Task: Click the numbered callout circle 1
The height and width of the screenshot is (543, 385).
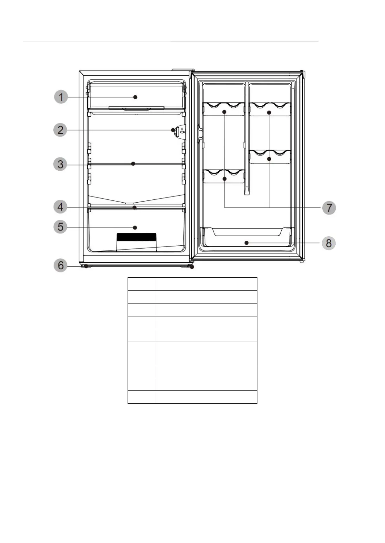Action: pyautogui.click(x=61, y=97)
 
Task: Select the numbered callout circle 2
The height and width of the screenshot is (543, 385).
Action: pyautogui.click(x=60, y=130)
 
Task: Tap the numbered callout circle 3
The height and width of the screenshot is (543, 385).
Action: pyautogui.click(x=60, y=164)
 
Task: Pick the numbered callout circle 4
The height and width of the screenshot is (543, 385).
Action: pyautogui.click(x=60, y=207)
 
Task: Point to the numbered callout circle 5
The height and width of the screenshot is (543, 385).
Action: pyautogui.click(x=60, y=227)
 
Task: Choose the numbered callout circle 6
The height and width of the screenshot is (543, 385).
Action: pyautogui.click(x=60, y=265)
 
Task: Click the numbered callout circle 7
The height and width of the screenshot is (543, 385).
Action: pyautogui.click(x=329, y=208)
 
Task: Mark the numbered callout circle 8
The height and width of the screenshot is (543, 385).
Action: pyautogui.click(x=329, y=243)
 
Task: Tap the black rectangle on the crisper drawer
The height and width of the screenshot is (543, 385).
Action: pyautogui.click(x=136, y=237)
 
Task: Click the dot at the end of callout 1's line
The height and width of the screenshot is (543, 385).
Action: pyautogui.click(x=135, y=97)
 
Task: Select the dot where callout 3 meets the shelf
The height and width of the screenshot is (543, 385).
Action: pyautogui.click(x=133, y=164)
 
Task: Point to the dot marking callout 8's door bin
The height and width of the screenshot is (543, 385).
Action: pyautogui.click(x=246, y=243)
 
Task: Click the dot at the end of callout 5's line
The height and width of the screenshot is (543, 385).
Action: pyautogui.click(x=135, y=228)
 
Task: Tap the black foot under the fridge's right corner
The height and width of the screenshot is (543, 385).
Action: pyautogui.click(x=192, y=267)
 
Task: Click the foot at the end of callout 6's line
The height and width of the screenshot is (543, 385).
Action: pyautogui.click(x=86, y=266)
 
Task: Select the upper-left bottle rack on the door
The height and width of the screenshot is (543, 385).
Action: pyautogui.click(x=224, y=109)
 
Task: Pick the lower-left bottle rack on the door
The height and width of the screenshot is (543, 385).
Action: pyautogui.click(x=224, y=176)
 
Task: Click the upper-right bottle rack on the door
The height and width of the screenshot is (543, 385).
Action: pyautogui.click(x=270, y=109)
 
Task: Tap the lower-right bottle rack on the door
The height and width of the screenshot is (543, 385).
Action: pyautogui.click(x=270, y=156)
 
